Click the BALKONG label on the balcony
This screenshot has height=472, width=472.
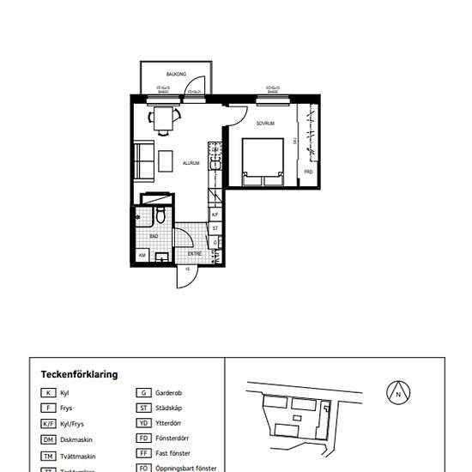(x=176, y=75)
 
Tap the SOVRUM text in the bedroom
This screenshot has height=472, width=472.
(x=265, y=123)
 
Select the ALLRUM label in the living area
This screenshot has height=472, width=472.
(x=191, y=162)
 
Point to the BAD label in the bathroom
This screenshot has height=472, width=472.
(x=154, y=234)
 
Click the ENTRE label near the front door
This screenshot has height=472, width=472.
(x=195, y=254)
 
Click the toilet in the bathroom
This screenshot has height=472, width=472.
(x=158, y=212)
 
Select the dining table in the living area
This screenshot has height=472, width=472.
(x=164, y=120)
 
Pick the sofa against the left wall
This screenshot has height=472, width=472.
(x=144, y=161)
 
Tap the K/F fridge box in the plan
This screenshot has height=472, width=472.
(x=215, y=215)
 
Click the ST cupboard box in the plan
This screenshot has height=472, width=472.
(x=215, y=228)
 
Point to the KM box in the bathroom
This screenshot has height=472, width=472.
(x=141, y=255)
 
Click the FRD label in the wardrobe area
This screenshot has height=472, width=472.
(x=308, y=172)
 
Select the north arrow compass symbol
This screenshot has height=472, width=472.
(x=398, y=392)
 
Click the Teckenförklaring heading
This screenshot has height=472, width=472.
(x=79, y=374)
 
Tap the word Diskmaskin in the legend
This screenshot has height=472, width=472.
(x=76, y=439)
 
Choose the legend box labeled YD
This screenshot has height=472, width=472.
(x=144, y=423)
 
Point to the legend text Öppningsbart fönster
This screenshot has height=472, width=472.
(x=186, y=469)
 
